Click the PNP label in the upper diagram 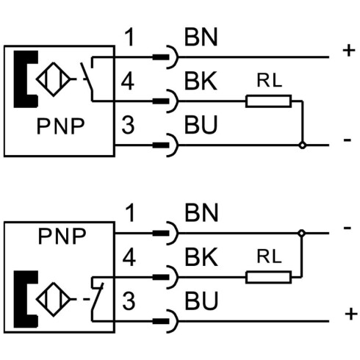(x=60, y=126)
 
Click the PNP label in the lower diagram (x=62, y=237)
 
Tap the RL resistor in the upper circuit (x=269, y=101)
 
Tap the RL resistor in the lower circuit (x=269, y=277)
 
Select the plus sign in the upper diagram (x=349, y=51)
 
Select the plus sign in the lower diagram (x=351, y=314)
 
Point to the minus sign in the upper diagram (x=348, y=140)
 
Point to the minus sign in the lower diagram (x=348, y=228)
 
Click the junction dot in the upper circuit (x=303, y=145)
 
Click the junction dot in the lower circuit (x=301, y=233)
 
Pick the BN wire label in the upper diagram (x=201, y=37)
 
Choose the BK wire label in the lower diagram (x=201, y=257)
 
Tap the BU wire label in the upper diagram (x=201, y=125)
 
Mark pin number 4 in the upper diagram (x=128, y=82)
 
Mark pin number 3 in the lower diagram (x=129, y=301)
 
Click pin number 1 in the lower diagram (x=130, y=213)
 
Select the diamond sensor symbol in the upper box (x=54, y=79)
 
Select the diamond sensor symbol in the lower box (x=54, y=300)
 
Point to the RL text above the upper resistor (x=269, y=81)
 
